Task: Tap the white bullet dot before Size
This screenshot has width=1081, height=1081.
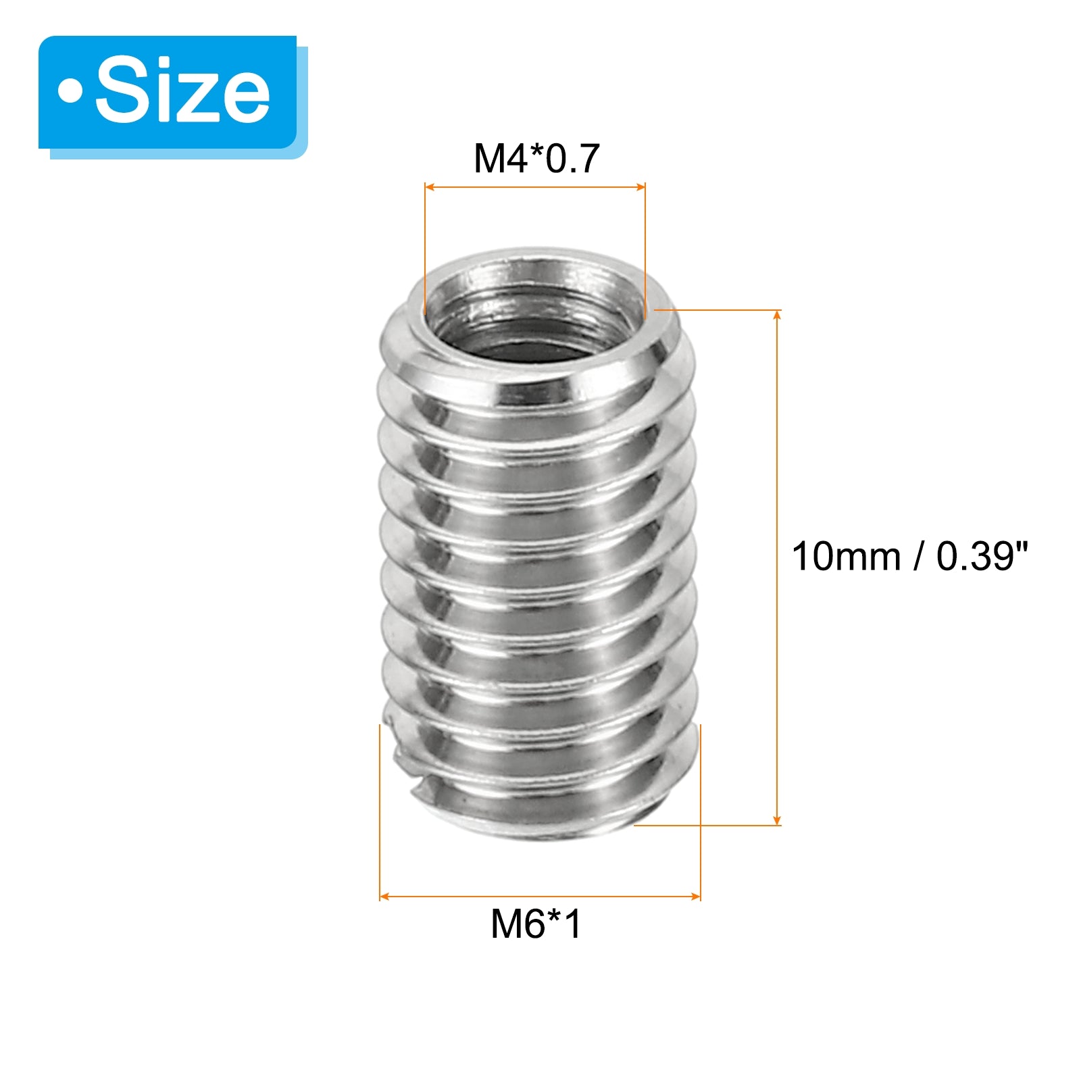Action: coord(70,92)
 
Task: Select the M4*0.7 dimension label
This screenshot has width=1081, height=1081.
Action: coord(536,159)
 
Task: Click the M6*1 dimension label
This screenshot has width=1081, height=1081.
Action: coord(536,924)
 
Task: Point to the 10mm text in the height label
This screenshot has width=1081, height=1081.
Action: coord(846,557)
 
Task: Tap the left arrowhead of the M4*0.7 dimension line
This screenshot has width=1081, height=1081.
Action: coord(429,187)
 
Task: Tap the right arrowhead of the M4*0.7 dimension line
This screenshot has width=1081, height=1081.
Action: coord(641,187)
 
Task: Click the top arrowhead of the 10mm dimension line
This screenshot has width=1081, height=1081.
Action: coord(778,315)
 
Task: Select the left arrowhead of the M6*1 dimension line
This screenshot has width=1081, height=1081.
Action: coord(384,897)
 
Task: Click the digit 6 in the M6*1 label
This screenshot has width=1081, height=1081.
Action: coord(538,924)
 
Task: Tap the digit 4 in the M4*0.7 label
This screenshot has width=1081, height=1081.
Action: coord(519,159)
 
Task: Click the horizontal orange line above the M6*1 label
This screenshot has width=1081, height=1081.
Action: coord(540,897)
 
